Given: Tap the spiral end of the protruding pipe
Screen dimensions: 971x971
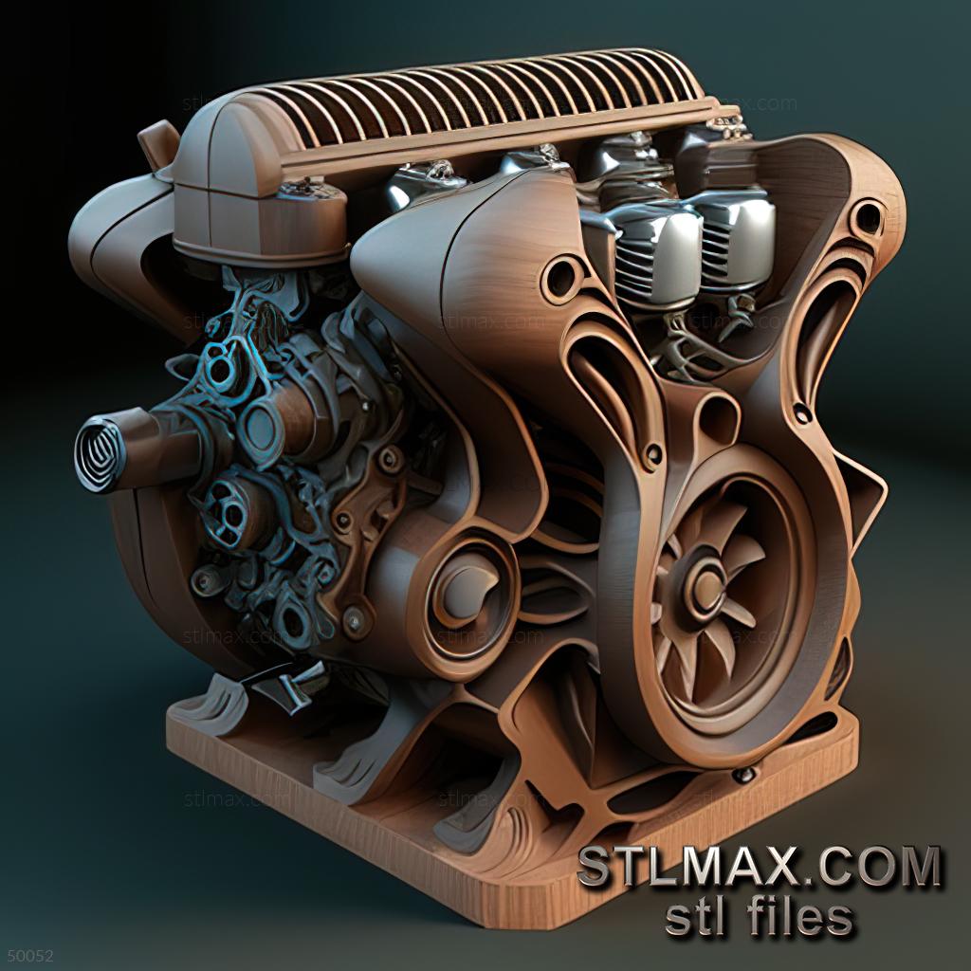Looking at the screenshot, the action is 99,454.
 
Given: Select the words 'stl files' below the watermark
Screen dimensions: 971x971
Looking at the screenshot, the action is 759,917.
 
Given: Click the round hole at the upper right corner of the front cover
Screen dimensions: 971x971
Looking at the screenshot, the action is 866,217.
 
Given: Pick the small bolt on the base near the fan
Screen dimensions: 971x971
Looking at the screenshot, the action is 744,774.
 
